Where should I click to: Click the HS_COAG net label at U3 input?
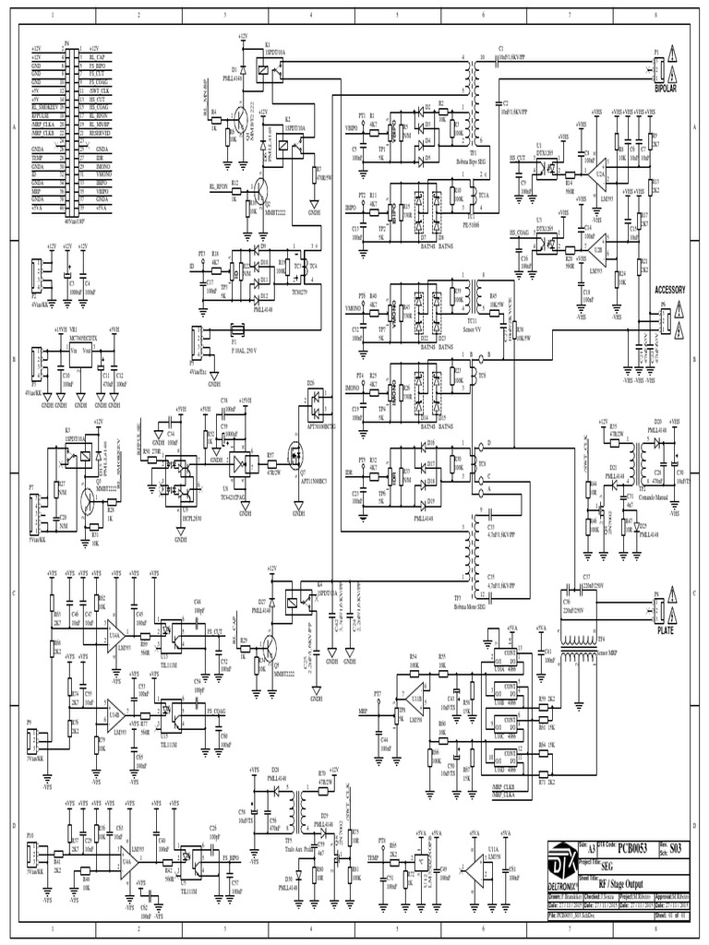pos(523,233)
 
